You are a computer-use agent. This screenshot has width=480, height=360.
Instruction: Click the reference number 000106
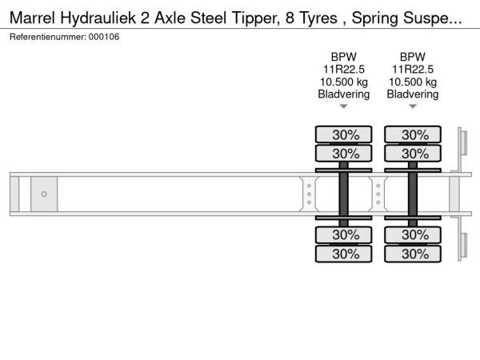104,37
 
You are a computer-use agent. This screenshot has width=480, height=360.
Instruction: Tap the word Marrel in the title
33,18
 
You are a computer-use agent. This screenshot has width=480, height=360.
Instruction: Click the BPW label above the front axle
344,57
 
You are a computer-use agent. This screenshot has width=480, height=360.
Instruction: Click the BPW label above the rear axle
413,57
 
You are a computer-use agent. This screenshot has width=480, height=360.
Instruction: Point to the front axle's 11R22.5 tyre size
344,70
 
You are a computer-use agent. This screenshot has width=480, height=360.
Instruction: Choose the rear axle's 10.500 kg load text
413,82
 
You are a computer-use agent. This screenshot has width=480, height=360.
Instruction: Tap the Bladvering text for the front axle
344,94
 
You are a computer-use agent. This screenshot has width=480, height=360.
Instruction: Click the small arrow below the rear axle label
413,106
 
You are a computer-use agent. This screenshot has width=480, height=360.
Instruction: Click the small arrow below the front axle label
344,106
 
